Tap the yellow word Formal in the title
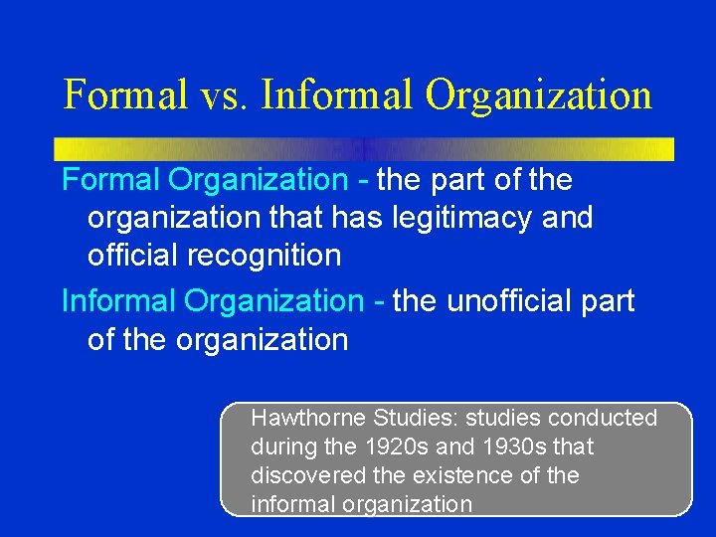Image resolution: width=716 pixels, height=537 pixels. (x=125, y=95)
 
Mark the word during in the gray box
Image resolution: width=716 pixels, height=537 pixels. (x=281, y=447)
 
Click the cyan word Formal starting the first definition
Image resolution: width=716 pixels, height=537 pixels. (x=111, y=180)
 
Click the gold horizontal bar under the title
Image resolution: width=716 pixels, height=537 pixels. (x=364, y=149)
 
